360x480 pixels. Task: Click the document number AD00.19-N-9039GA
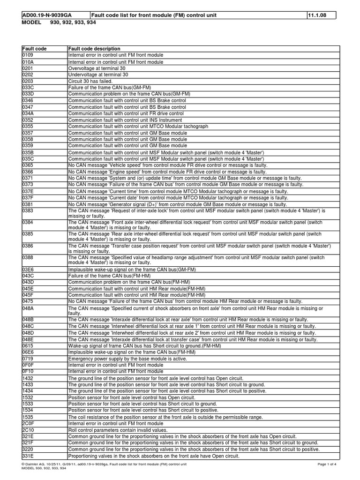coord(46,15)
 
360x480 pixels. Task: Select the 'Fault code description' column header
coord(94,49)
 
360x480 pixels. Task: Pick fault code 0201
coord(28,68)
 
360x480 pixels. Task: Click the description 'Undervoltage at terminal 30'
coord(98,75)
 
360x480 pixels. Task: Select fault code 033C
coord(28,88)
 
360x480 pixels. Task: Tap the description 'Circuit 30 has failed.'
coord(90,81)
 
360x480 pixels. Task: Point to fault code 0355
coord(28,127)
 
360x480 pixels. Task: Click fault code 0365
coord(28,165)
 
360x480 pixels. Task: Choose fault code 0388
coord(28,257)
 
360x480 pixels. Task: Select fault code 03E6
coord(28,270)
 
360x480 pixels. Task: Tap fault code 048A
coord(28,308)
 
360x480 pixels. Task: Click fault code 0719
coord(28,359)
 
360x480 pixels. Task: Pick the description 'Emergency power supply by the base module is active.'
coord(127,359)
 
